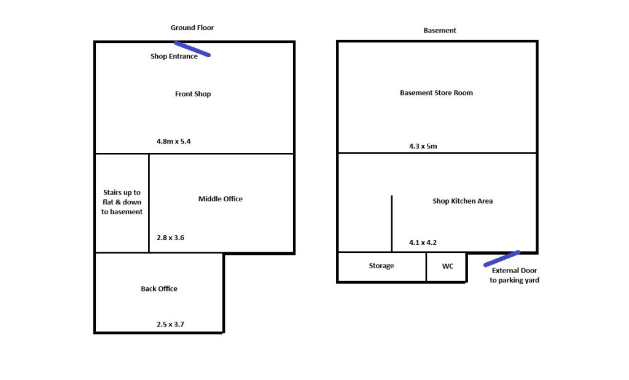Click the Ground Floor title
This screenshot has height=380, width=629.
pyautogui.click(x=192, y=28)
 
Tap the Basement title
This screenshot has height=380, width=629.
pyautogui.click(x=440, y=30)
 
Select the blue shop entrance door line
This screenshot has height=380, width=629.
pyautogui.click(x=193, y=49)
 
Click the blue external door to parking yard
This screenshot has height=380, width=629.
pyautogui.click(x=502, y=258)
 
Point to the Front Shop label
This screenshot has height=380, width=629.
pyautogui.click(x=193, y=94)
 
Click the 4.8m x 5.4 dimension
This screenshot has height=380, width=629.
pyautogui.click(x=174, y=141)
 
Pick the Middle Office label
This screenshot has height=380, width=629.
pyautogui.click(x=221, y=199)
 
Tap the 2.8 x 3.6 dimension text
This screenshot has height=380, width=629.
pyautogui.click(x=170, y=238)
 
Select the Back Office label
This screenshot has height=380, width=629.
pyautogui.click(x=159, y=289)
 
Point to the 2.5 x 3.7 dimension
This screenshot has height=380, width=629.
pyautogui.click(x=170, y=324)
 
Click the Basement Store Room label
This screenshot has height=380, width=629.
pyautogui.click(x=437, y=93)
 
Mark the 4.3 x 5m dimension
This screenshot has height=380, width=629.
pyautogui.click(x=423, y=146)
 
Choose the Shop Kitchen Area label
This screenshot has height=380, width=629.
pyautogui.click(x=463, y=201)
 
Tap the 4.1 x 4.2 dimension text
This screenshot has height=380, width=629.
pyautogui.click(x=423, y=242)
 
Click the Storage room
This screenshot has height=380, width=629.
pyautogui.click(x=381, y=266)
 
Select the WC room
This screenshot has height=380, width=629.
pyautogui.click(x=448, y=266)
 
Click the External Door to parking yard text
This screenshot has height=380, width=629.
pyautogui.click(x=514, y=276)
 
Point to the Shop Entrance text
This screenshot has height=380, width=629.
pyautogui.click(x=174, y=56)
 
